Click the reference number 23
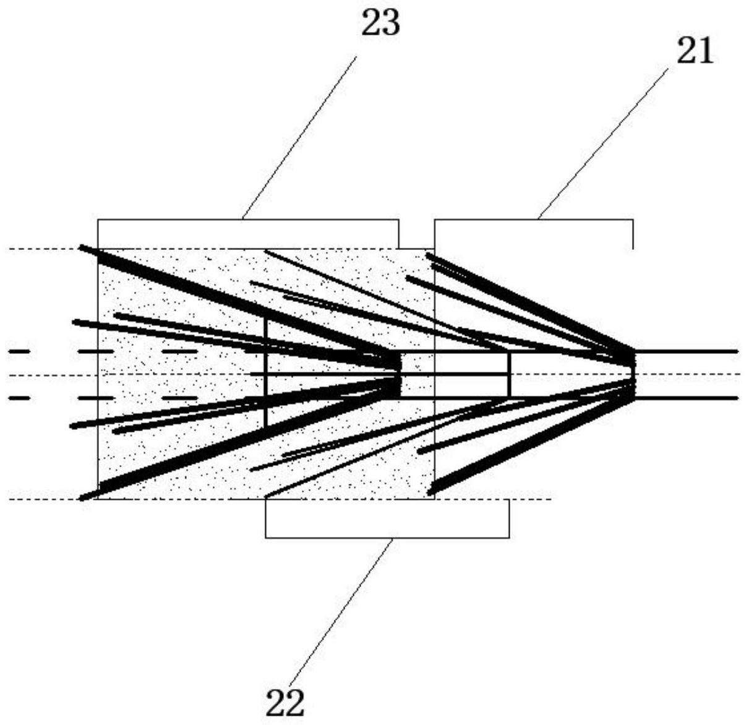[380, 24]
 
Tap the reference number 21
[695, 52]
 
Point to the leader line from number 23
[299, 137]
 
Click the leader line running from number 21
[603, 141]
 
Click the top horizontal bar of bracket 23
[247, 220]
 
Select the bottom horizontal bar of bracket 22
[387, 537]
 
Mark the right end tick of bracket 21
[632, 234]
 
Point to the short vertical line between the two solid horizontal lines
[509, 374]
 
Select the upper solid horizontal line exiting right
[687, 351]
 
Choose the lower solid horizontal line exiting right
[687, 398]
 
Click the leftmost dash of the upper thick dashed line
[19, 351]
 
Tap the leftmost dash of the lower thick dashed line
[19, 398]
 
